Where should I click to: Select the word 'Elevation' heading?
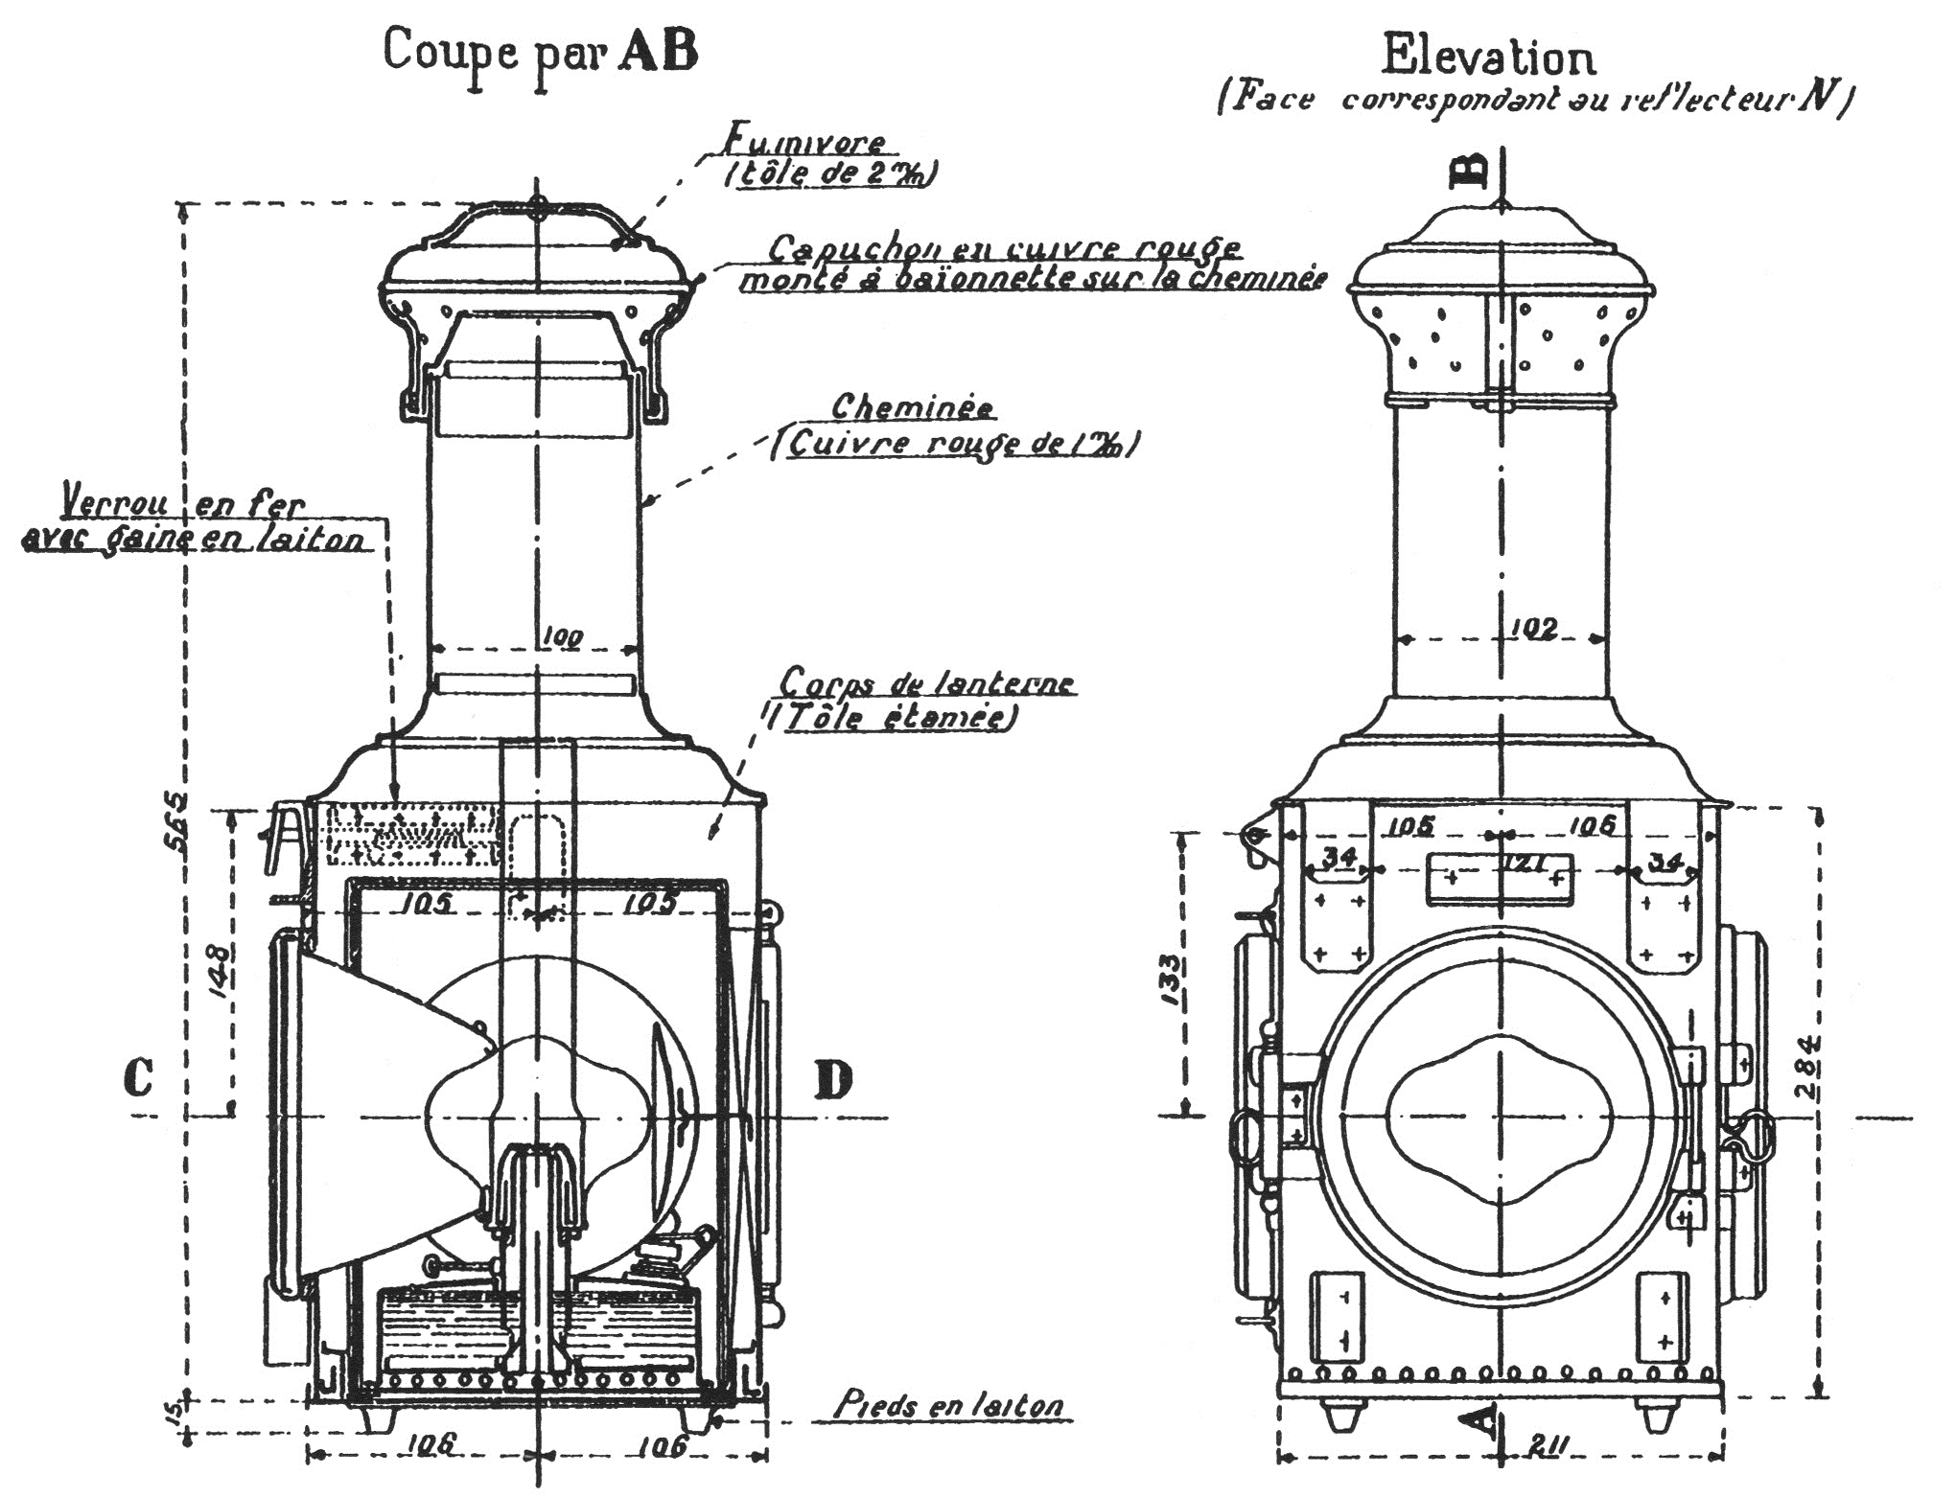click(x=1488, y=58)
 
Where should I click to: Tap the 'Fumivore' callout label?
click(x=803, y=144)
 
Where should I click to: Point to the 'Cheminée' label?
click(x=912, y=407)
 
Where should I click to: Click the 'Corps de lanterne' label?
click(x=926, y=683)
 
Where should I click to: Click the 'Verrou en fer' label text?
click(x=183, y=505)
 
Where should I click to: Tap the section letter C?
click(x=138, y=1078)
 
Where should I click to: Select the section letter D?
click(x=833, y=1080)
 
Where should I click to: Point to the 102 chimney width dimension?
click(x=1534, y=629)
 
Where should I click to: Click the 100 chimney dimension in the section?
click(x=562, y=636)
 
